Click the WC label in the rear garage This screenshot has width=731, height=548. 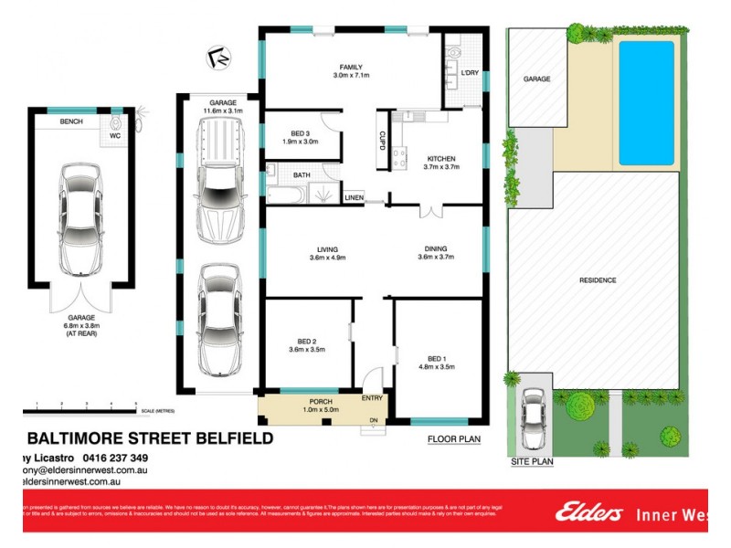pos(115,136)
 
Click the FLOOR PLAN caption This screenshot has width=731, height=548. pos(453,439)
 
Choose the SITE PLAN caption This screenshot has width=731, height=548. pos(531,462)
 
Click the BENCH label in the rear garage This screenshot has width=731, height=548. pos(72,121)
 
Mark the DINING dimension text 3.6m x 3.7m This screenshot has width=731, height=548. pos(435,258)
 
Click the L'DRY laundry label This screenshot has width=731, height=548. pos(470,72)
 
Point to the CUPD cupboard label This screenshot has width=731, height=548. pos(381,138)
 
